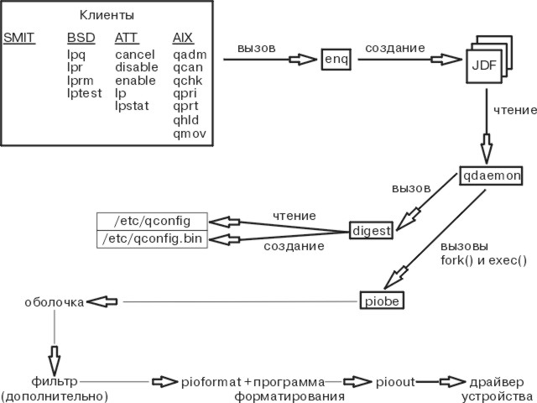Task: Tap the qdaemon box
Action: (x=492, y=176)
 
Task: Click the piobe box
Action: (x=383, y=300)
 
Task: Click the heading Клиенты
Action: (x=107, y=16)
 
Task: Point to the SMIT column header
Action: (x=19, y=39)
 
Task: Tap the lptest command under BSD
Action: (x=85, y=94)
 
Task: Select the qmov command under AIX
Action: (x=189, y=134)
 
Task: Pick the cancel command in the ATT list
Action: (x=134, y=54)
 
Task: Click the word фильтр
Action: (x=54, y=382)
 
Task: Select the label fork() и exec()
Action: (x=483, y=260)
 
